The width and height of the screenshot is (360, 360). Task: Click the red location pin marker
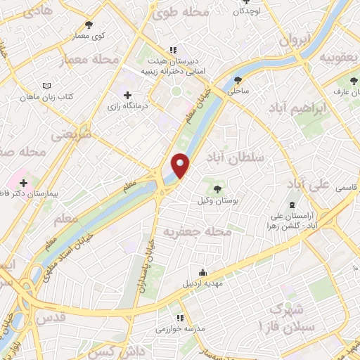click(x=181, y=165)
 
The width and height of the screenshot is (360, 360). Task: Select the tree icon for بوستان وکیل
click(x=217, y=188)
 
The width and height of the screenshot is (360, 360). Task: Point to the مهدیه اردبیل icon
click(x=203, y=273)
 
